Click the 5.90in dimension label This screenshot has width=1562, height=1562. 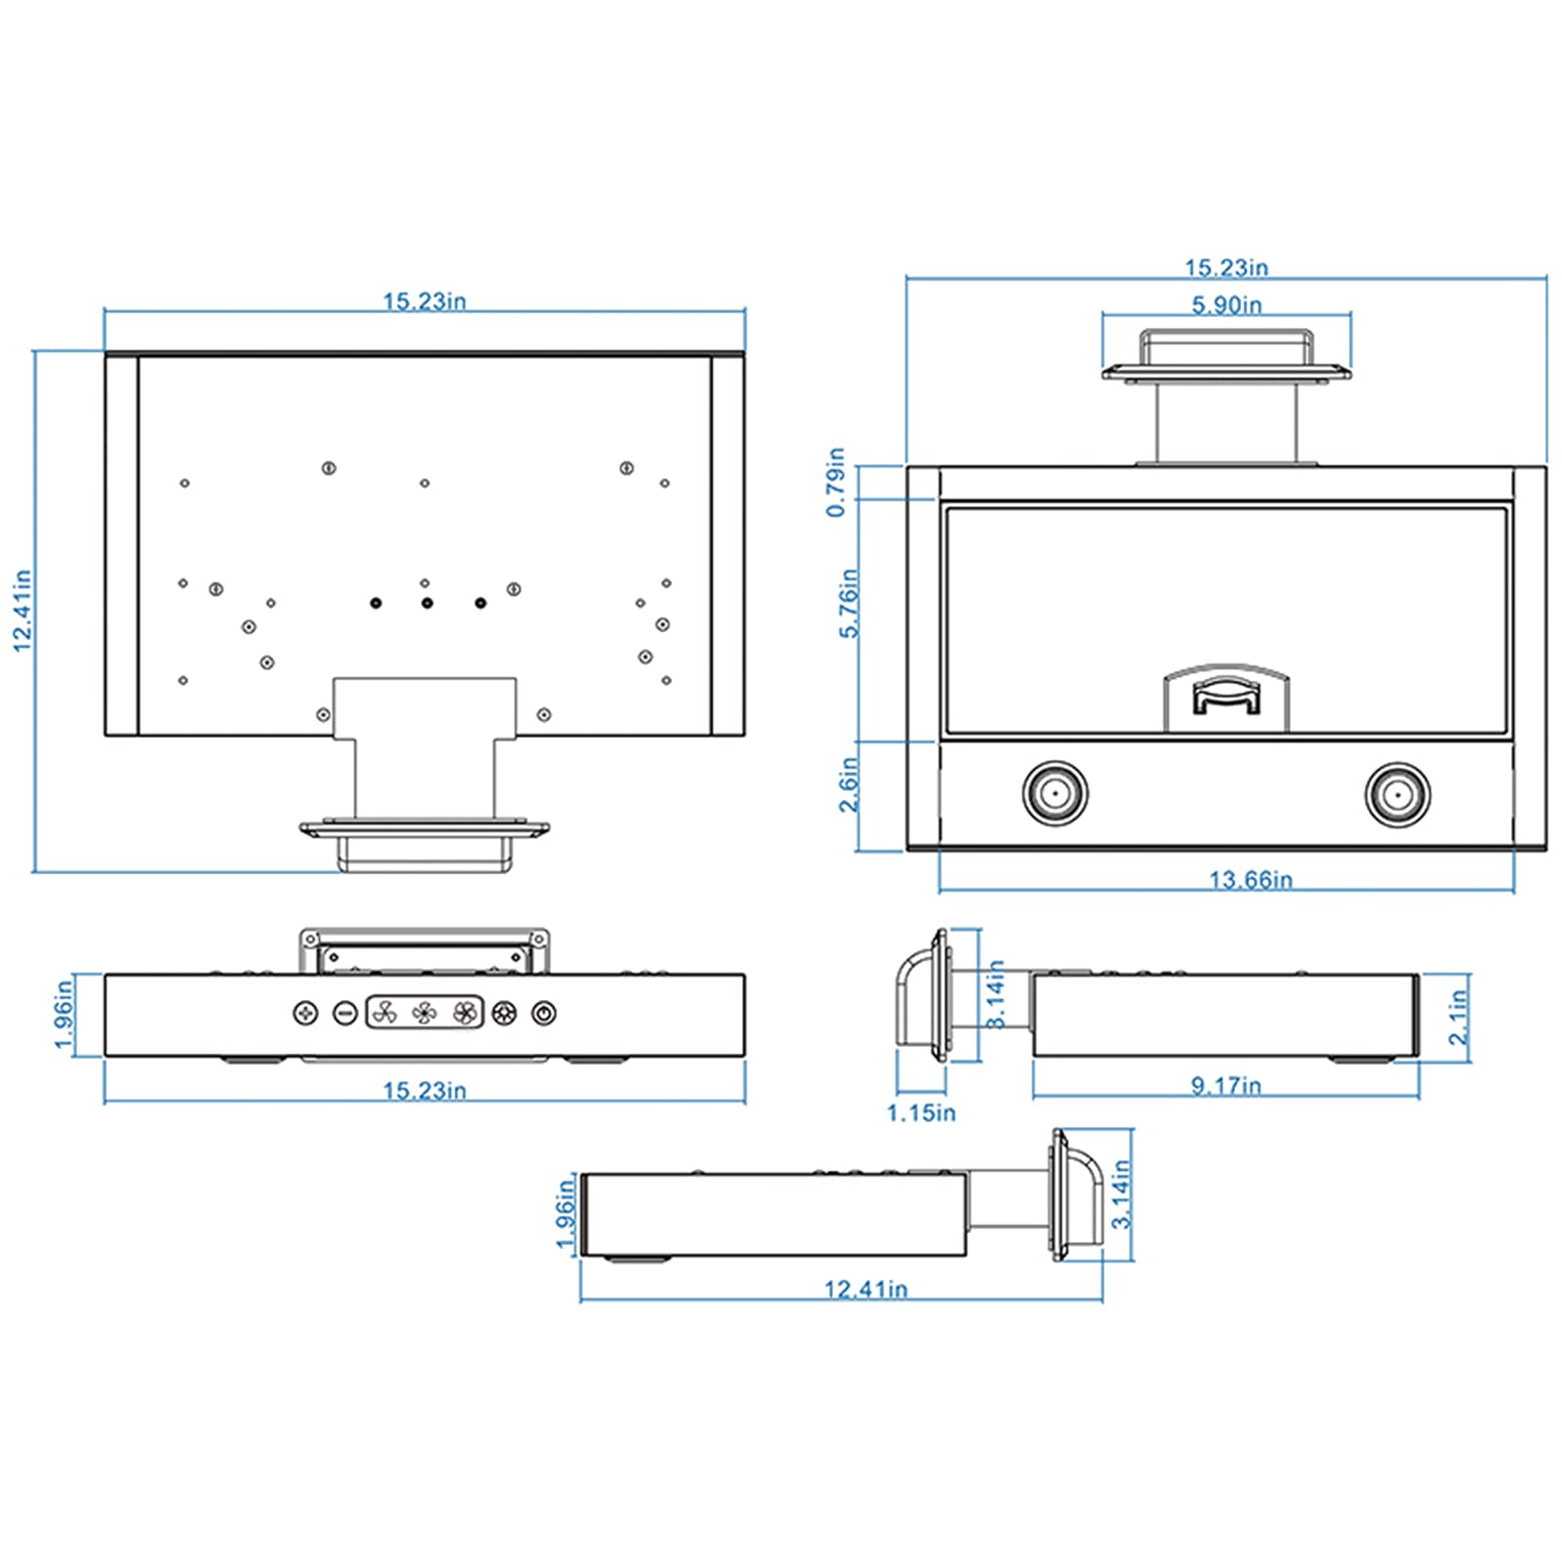click(1226, 305)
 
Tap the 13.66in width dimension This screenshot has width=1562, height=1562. click(1251, 880)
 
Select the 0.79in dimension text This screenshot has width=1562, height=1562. click(836, 482)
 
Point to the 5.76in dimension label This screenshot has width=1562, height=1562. click(850, 603)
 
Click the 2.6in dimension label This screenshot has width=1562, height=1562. click(849, 784)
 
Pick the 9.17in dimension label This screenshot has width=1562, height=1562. click(1226, 1085)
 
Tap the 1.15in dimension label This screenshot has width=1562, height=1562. click(921, 1112)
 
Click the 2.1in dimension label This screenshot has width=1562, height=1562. click(1458, 1017)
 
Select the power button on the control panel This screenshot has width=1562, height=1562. click(544, 1013)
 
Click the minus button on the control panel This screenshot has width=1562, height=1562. click(344, 1013)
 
